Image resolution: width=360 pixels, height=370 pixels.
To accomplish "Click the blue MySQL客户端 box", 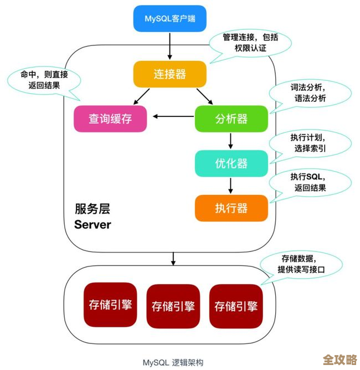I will coord(170,19).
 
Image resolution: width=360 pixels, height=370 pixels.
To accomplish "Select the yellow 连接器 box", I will coord(170,74).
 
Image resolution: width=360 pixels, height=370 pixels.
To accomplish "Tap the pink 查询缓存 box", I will coord(110,118).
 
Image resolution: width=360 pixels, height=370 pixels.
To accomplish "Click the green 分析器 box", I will coord(231,118).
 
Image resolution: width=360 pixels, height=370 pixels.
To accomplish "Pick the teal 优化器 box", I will coord(231,163).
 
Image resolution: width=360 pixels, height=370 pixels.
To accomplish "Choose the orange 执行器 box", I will coord(231,208).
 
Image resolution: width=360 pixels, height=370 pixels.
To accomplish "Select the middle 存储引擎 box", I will coord(173,306).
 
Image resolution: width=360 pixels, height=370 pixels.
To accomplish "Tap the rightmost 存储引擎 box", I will coord(236,306).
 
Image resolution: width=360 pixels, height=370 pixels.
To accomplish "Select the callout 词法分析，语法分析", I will coord(310,93).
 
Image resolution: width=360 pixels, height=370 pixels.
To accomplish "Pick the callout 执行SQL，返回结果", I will coord(310,182).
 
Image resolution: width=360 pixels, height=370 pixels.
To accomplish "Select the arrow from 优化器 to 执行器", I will coord(231,185).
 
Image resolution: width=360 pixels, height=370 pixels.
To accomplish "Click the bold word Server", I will coord(92,225).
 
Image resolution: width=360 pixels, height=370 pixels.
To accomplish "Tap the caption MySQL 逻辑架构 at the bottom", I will coord(173,363).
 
